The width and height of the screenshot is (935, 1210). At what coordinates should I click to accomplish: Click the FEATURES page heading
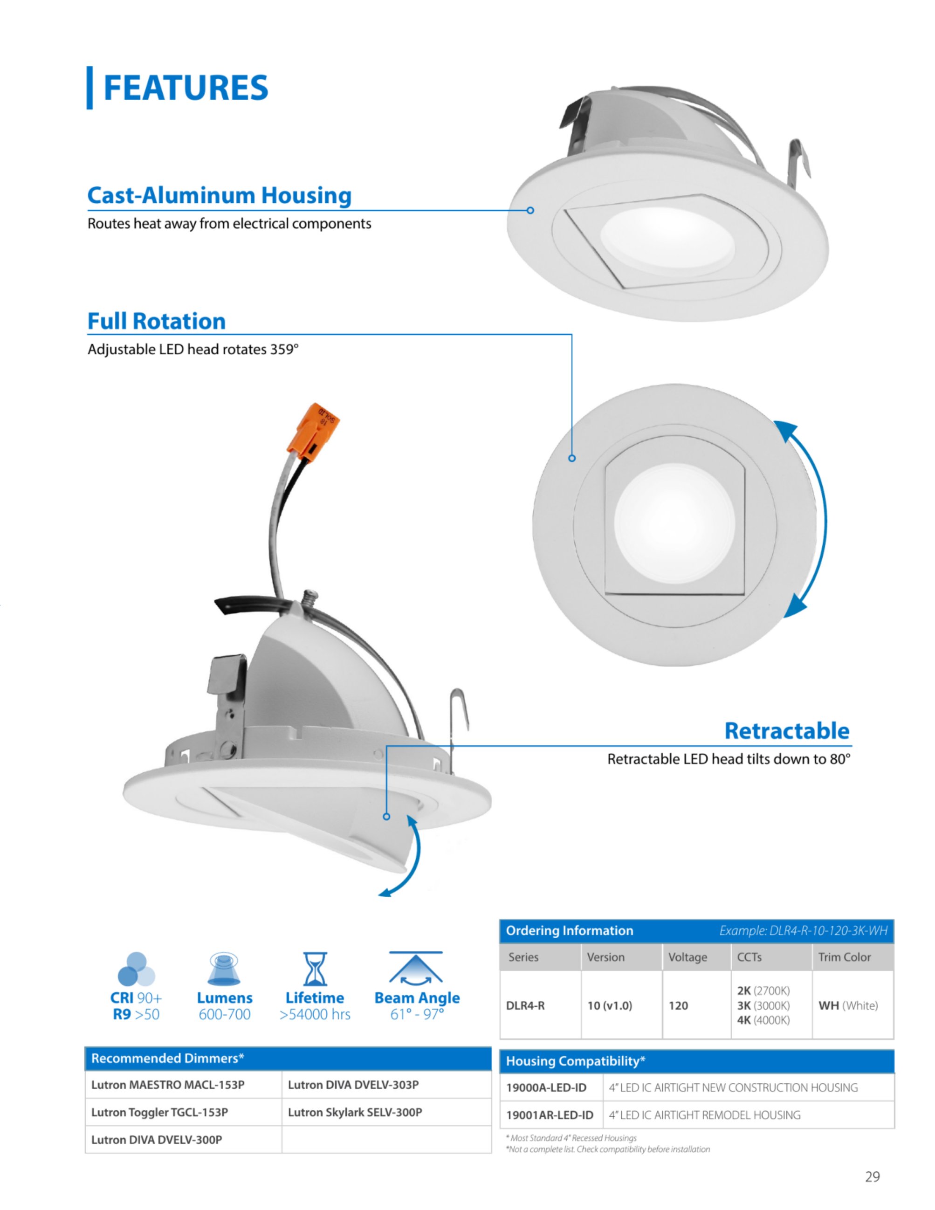[x=186, y=88]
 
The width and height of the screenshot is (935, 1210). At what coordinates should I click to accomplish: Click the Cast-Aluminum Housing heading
[x=220, y=196]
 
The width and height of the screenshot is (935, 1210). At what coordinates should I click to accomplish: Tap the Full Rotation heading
[x=157, y=321]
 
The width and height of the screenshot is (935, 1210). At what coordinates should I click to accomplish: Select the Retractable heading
[x=787, y=731]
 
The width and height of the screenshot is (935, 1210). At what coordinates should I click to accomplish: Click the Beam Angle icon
[x=416, y=968]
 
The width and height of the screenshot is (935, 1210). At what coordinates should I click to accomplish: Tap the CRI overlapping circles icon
[x=136, y=969]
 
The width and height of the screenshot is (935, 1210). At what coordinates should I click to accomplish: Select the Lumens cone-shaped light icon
[x=224, y=969]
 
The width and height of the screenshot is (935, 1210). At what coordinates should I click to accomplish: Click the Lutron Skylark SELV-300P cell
[x=355, y=1112]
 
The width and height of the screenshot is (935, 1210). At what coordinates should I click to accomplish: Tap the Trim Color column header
[x=845, y=957]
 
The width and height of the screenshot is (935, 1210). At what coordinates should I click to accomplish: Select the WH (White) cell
[x=848, y=1005]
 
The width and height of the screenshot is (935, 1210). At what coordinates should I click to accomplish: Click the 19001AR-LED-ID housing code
[x=550, y=1115]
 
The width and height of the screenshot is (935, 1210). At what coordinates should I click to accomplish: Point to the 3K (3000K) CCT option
[x=763, y=1005]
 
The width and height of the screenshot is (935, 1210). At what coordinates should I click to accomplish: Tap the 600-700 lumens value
[x=224, y=1014]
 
